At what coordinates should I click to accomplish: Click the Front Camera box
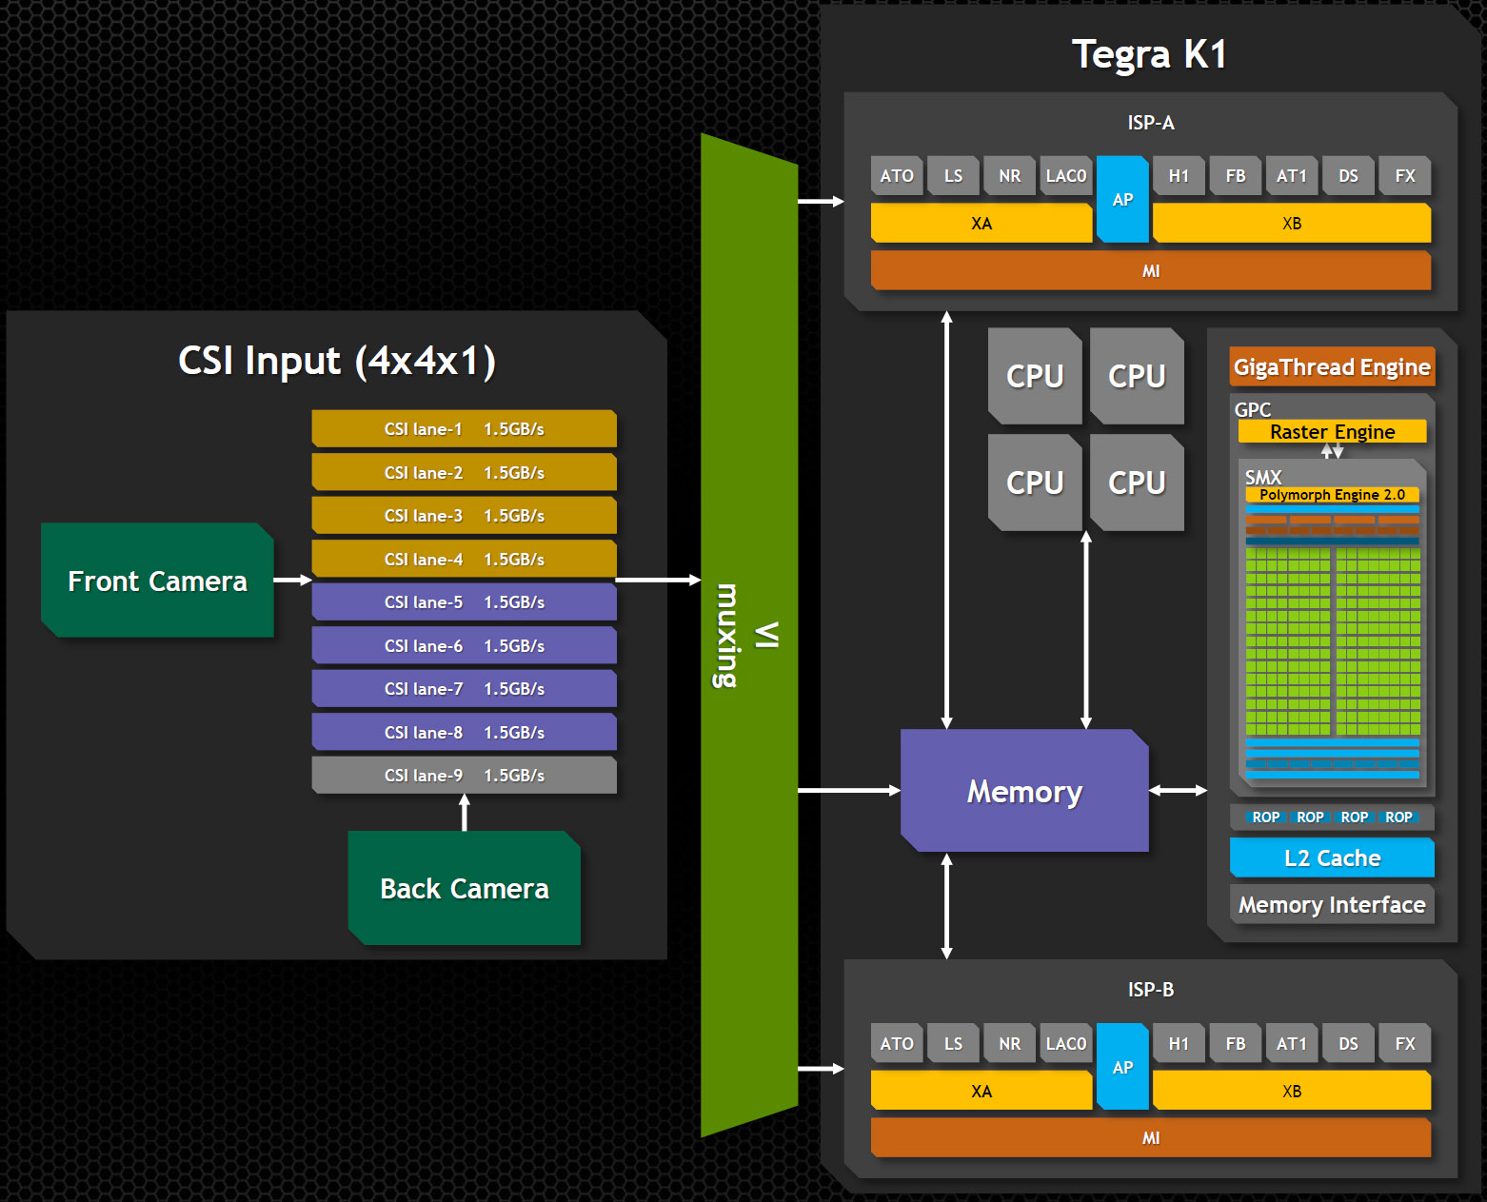157,581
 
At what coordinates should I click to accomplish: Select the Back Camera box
465,888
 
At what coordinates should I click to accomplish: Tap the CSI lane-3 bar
464,516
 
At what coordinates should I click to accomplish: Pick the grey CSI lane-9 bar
464,776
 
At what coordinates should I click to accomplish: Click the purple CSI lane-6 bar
464,645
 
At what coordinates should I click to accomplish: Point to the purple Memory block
1024,791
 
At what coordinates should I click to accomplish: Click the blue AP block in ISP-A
1122,199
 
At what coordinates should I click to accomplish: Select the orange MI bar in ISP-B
1150,1138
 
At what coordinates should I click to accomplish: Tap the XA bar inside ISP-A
981,224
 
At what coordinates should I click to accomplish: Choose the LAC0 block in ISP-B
1065,1044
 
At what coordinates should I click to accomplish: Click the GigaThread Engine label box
1332,367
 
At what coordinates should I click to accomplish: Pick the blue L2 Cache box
1332,857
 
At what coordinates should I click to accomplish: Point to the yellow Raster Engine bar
1332,432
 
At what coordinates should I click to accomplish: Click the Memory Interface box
1332,904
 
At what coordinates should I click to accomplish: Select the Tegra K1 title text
1149,54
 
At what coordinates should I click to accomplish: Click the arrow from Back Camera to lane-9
465,812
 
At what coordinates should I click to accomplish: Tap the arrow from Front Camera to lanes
292,580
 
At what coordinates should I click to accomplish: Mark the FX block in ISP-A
1405,176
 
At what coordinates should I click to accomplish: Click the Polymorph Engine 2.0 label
1332,495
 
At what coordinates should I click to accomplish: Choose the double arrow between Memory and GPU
1178,790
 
